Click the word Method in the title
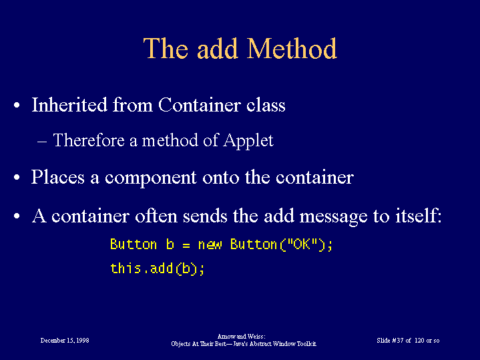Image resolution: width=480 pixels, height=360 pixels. [x=292, y=48]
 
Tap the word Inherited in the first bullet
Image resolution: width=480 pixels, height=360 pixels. [x=69, y=105]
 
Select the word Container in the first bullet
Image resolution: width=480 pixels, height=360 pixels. [x=200, y=105]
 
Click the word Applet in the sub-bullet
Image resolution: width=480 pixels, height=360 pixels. [x=248, y=141]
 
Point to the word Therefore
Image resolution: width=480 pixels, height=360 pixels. [x=89, y=140]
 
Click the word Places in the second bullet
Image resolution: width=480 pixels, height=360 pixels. [x=58, y=177]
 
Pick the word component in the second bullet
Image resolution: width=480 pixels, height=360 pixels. [x=151, y=178]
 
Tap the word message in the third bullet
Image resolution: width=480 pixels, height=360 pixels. [x=333, y=217]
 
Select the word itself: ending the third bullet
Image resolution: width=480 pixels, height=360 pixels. [x=419, y=215]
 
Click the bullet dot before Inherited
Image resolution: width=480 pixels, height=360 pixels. [x=17, y=106]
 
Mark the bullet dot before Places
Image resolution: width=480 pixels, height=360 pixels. [x=17, y=178]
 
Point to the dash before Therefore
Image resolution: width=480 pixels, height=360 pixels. [x=42, y=142]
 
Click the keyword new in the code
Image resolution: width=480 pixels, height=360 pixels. [x=210, y=244]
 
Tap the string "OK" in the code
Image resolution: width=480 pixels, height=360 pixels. [x=302, y=244]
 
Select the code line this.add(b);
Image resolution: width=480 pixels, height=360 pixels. [x=157, y=268]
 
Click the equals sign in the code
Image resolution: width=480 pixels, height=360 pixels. [x=186, y=245]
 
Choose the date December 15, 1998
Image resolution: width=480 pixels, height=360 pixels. [x=65, y=341]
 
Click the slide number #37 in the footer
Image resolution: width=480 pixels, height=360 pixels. [x=398, y=341]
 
